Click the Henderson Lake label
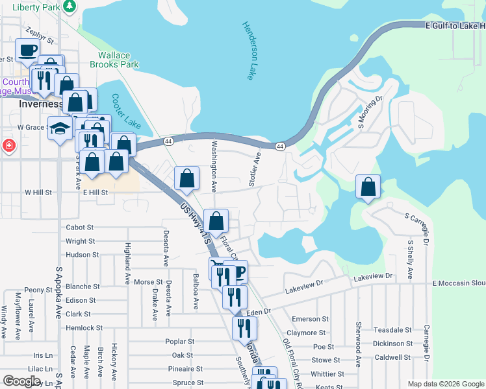coord(248,51)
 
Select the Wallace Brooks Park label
coord(118,60)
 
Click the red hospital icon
coord(8,145)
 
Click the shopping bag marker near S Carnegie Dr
coord(368,187)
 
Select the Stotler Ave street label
coord(255,170)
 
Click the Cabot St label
coord(80,228)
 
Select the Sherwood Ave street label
coord(358,344)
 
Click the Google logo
coord(21,381)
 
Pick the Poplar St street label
coord(180,342)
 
